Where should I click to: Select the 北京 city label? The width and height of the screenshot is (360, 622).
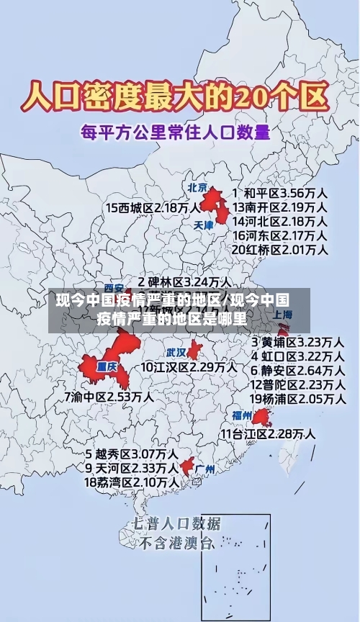coord(197,187)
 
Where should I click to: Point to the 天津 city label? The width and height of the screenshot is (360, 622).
coord(204,225)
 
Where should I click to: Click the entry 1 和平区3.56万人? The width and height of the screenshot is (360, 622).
coord(280,193)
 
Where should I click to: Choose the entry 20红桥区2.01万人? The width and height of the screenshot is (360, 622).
coord(280,250)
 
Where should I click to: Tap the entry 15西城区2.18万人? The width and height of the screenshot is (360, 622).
coord(153,207)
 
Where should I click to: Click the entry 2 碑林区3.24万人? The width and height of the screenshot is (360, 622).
coord(184,281)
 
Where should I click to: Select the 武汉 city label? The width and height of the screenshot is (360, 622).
coord(177,353)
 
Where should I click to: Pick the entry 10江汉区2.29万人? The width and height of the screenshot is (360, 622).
coord(189,367)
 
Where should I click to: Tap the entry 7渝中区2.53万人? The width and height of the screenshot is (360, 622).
coord(109,397)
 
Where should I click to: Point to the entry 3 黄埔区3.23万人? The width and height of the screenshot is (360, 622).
coord(297,341)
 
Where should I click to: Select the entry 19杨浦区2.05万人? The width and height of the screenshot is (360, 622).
coord(297,399)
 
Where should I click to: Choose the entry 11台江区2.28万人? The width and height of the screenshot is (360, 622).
coord(268,433)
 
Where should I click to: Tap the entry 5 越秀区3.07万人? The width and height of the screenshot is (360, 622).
coord(132,454)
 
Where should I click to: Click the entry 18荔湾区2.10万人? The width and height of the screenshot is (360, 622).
coord(132,482)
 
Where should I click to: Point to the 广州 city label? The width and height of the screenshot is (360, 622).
coord(205,469)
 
